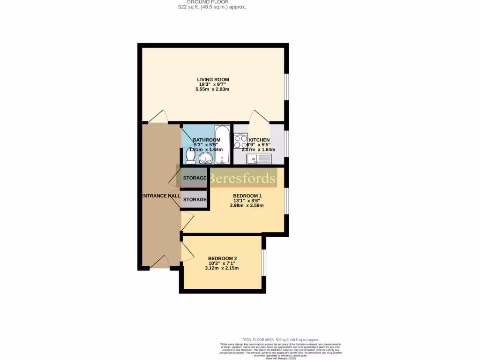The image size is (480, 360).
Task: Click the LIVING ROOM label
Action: [x=213, y=79]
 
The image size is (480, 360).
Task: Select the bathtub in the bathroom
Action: [x=222, y=144]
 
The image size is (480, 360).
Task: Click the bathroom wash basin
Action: [x=205, y=158]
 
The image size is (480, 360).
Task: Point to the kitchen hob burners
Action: [x=241, y=138]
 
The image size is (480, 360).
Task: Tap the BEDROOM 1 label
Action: [x=247, y=195]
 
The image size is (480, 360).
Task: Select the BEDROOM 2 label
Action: [x=222, y=258]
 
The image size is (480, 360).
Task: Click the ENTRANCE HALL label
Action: [x=158, y=195]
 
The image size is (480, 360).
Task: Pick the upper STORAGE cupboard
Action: [x=195, y=178]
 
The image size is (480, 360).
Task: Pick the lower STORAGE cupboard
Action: [x=195, y=200]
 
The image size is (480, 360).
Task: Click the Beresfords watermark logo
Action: [x=242, y=179]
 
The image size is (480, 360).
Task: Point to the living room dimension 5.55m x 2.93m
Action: [x=213, y=89]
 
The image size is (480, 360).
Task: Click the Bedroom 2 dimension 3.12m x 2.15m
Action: [x=222, y=268]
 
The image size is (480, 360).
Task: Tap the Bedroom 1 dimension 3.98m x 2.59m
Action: [x=247, y=205]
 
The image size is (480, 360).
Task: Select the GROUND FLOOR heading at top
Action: [x=208, y=2]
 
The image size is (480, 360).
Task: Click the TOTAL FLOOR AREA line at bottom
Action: [x=280, y=339]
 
